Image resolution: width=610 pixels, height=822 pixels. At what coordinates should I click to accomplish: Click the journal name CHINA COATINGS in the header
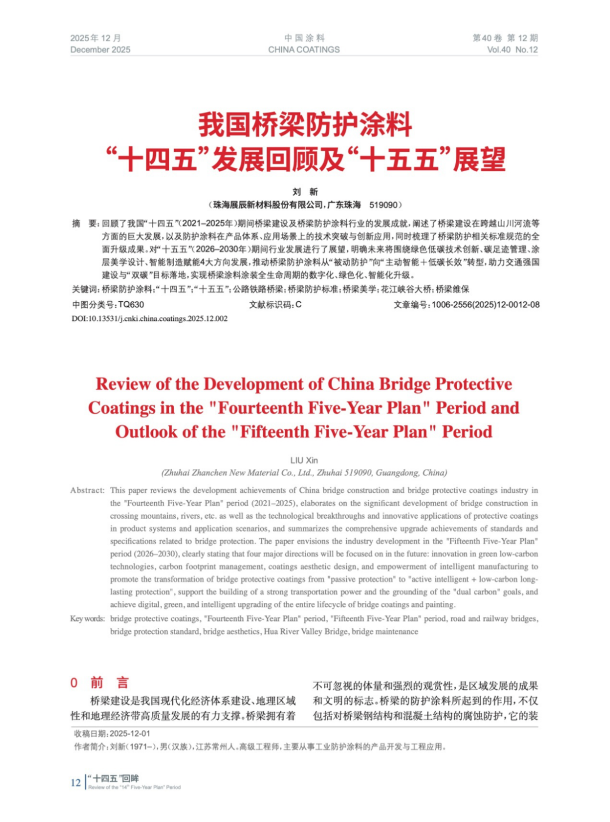[x=304, y=50]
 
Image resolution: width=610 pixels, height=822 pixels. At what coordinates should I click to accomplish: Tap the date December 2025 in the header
[x=100, y=50]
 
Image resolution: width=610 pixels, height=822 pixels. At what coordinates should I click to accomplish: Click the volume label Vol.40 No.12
[x=512, y=50]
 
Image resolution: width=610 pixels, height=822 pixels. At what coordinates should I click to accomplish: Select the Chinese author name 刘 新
[x=305, y=192]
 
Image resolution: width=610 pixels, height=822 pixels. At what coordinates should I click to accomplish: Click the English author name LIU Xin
[x=304, y=460]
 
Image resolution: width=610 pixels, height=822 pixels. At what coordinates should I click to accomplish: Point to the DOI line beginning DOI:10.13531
[x=150, y=319]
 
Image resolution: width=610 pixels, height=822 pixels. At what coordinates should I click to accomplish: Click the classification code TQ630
[x=131, y=305]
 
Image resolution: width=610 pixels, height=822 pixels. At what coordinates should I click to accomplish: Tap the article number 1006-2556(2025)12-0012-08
[x=485, y=305]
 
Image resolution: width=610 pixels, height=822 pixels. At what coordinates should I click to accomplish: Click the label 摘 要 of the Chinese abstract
[x=85, y=224]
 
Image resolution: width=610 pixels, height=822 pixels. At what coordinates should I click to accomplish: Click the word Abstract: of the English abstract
[x=88, y=490]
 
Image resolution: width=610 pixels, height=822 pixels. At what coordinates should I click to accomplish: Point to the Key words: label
[x=88, y=619]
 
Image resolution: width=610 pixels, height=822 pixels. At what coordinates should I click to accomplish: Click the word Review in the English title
[x=123, y=384]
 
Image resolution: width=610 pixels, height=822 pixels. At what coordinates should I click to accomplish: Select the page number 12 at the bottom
[x=76, y=782]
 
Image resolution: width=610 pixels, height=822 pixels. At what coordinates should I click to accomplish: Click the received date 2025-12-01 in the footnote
[x=130, y=733]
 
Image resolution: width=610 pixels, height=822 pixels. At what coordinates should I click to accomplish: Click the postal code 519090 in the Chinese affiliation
[x=384, y=205]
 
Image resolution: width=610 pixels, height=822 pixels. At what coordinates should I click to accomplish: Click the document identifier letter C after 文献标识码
[x=299, y=305]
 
